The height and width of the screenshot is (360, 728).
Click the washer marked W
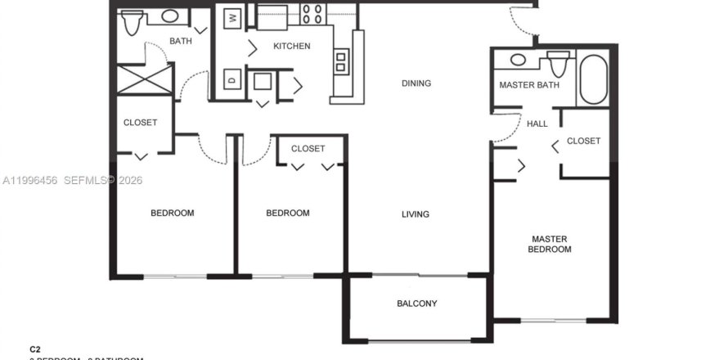(x=233, y=17)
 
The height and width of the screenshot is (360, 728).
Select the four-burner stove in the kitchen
(x=312, y=14)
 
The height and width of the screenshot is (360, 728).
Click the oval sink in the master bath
(x=518, y=60)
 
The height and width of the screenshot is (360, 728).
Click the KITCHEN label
(x=291, y=46)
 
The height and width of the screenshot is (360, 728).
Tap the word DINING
(x=416, y=83)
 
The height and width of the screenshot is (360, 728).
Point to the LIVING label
(x=415, y=214)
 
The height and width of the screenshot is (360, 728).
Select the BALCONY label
(x=416, y=304)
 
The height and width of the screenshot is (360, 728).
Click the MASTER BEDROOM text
(x=549, y=244)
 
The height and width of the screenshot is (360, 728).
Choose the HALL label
(x=537, y=124)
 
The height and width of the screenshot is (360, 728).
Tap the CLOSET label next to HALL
(x=583, y=141)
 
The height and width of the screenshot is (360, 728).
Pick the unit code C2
(x=35, y=348)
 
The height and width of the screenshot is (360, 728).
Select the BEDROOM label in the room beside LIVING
(x=288, y=213)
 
